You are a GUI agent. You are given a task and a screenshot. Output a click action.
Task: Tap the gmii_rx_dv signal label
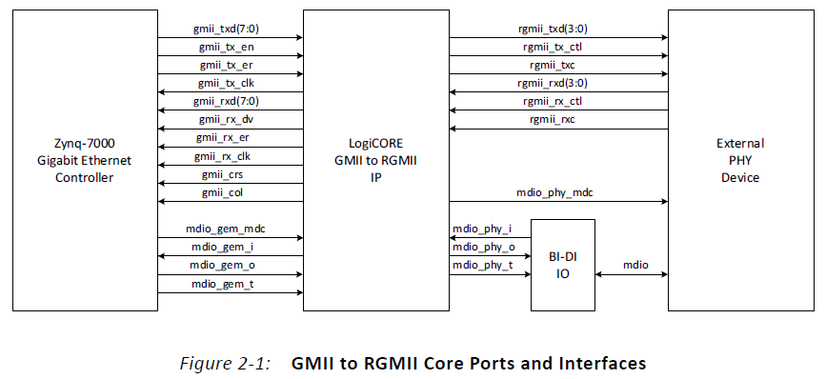229,119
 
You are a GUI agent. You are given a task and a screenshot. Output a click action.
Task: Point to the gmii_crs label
229,173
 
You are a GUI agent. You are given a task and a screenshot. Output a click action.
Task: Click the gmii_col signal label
229,191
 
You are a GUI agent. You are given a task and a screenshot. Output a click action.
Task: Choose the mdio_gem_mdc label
229,228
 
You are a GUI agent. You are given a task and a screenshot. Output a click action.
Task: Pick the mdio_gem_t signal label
229,282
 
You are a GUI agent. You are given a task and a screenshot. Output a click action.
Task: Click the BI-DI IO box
562,264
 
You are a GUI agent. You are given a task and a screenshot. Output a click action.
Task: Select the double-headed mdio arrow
631,275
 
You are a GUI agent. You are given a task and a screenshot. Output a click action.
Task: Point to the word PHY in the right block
746,160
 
